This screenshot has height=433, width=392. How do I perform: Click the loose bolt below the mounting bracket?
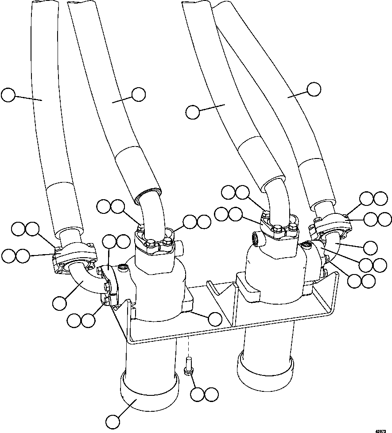pos(188,367)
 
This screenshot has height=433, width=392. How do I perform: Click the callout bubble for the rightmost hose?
pos(314,89)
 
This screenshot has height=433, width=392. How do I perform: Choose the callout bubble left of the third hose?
pos(193,112)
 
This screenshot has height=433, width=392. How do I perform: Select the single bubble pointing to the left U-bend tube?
pos(59,303)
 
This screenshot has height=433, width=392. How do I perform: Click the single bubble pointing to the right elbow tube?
pos(370,247)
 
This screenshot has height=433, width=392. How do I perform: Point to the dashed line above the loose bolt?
pos(188,345)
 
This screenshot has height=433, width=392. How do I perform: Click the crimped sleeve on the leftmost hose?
pos(64,206)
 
